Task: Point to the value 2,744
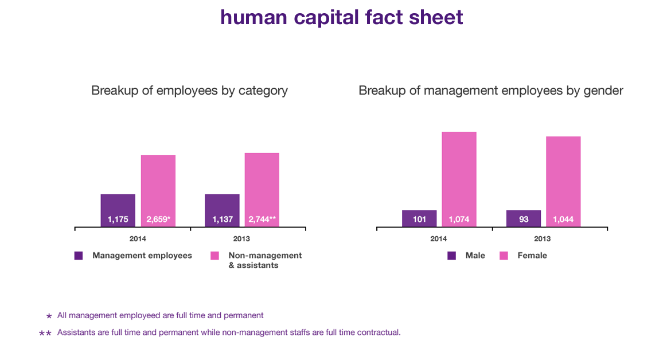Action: pyautogui.click(x=260, y=219)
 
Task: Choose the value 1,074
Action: pyautogui.click(x=460, y=219)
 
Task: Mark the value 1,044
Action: pyautogui.click(x=563, y=219)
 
